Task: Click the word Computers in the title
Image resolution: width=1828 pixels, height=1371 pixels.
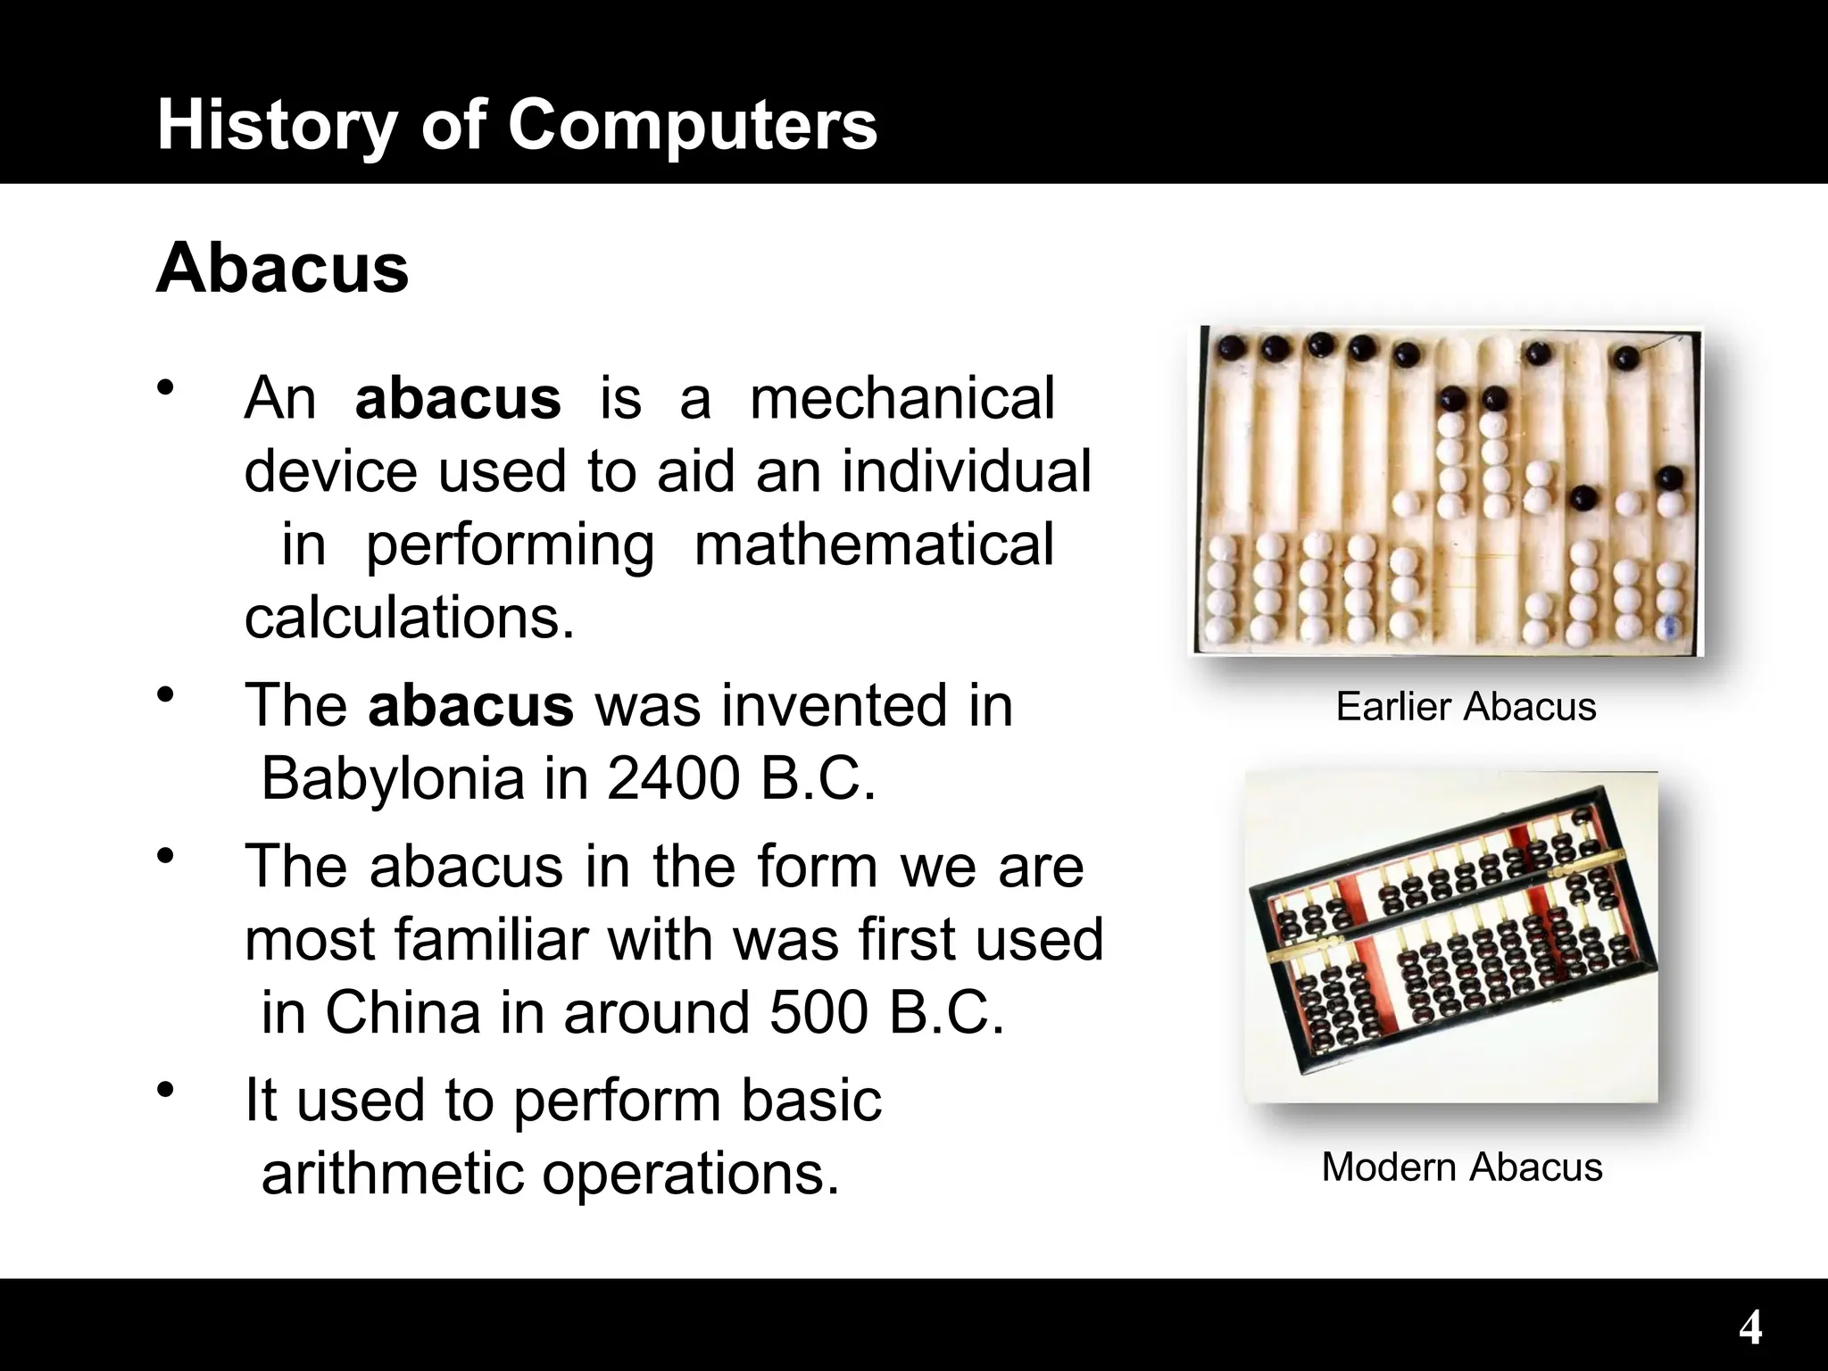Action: (x=693, y=125)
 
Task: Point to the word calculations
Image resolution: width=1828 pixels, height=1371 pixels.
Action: (x=409, y=618)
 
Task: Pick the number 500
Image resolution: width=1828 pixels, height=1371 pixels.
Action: (x=818, y=1013)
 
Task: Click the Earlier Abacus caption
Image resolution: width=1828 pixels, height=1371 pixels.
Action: (x=1466, y=707)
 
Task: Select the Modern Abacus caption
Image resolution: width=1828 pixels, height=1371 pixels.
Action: (x=1461, y=1167)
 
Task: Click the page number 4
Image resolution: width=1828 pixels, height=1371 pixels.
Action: (x=1749, y=1328)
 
